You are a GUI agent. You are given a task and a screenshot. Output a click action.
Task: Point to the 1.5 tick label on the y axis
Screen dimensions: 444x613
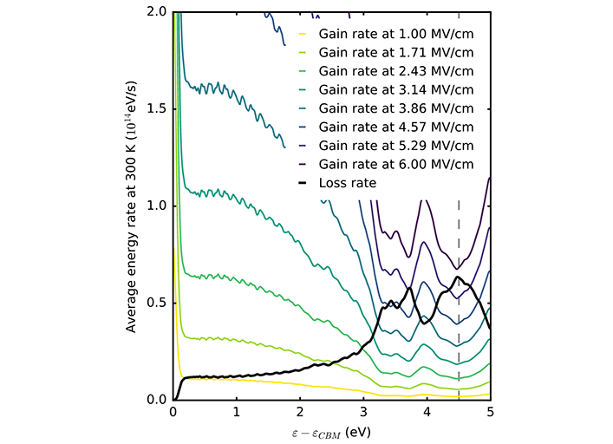click(x=156, y=109)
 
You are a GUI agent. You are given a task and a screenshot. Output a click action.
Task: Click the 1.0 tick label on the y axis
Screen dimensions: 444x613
click(x=156, y=206)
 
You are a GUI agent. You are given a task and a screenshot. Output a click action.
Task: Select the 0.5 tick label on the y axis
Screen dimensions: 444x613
click(x=156, y=304)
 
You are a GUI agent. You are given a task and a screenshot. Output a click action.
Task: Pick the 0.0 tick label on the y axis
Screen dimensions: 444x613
click(x=156, y=400)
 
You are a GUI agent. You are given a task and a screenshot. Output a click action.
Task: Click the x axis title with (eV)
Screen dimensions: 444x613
click(x=331, y=431)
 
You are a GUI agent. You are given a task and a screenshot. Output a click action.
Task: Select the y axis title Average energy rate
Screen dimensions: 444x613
click(x=132, y=206)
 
